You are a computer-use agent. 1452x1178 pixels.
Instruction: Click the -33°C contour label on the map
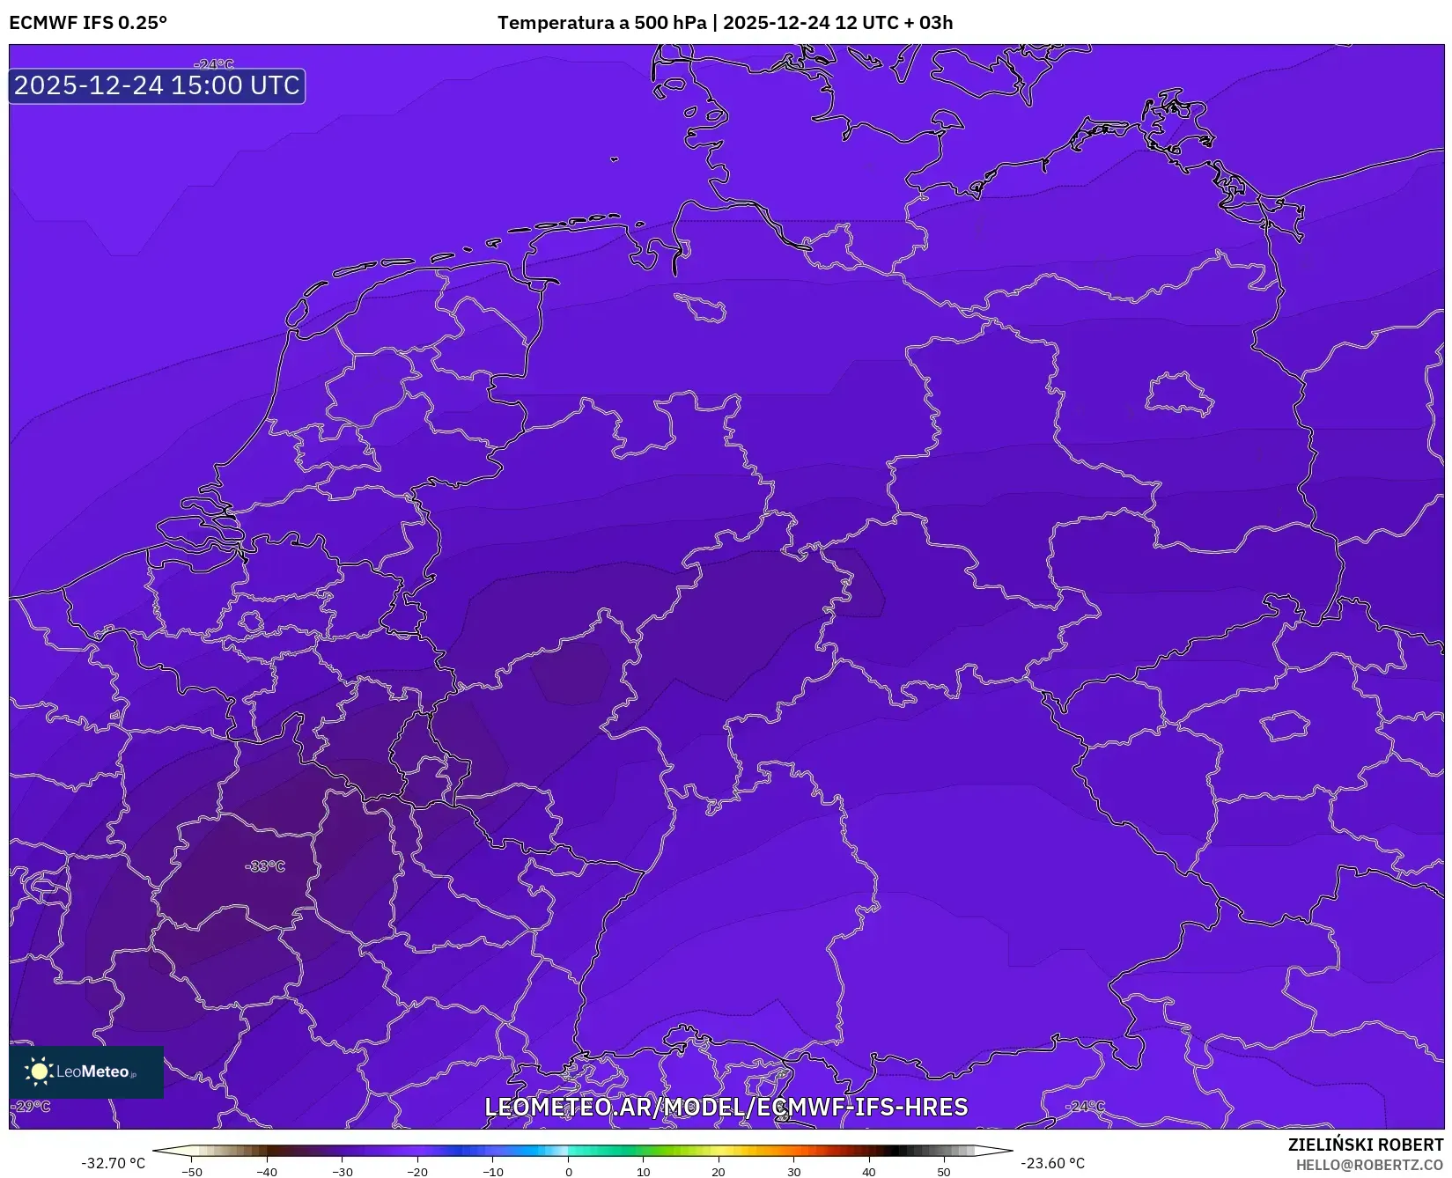tap(265, 866)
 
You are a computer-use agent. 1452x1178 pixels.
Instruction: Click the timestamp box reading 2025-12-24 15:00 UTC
tap(157, 85)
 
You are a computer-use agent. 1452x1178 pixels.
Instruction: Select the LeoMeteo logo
tap(86, 1071)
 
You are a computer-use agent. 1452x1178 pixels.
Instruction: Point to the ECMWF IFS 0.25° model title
tap(88, 23)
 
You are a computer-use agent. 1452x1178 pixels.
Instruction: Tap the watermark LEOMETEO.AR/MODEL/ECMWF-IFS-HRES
tap(726, 1107)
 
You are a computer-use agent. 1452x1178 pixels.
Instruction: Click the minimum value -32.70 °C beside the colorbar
tap(114, 1163)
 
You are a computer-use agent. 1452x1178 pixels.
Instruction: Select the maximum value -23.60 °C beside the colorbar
tap(1052, 1163)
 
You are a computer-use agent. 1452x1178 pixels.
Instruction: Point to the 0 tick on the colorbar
tap(569, 1171)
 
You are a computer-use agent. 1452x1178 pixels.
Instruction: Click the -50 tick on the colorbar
tap(191, 1171)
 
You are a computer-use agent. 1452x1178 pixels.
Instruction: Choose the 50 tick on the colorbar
tap(944, 1171)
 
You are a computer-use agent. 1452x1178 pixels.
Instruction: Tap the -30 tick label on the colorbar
tap(342, 1171)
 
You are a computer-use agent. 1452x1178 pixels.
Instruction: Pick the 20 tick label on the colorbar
tap(719, 1171)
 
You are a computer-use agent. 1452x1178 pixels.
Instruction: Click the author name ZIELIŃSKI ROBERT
tap(1366, 1145)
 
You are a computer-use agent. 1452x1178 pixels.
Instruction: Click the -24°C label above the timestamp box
tap(214, 64)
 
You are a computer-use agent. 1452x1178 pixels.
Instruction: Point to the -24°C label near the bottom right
tap(1085, 1106)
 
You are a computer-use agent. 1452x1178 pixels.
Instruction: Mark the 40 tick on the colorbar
tap(869, 1171)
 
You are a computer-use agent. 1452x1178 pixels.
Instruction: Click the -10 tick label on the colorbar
tap(493, 1171)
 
